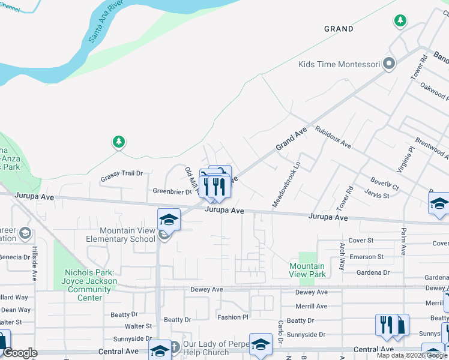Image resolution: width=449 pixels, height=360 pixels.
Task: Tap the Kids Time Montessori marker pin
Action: [x=390, y=64]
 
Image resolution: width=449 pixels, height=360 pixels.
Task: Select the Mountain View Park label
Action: [x=307, y=270]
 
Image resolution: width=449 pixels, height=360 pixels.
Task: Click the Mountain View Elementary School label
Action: [x=127, y=235]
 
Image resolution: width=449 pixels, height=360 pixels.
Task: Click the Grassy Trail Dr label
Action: [x=121, y=173]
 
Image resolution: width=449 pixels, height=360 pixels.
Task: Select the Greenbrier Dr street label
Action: [x=172, y=192]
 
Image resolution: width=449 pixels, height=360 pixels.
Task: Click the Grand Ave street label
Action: [x=291, y=139]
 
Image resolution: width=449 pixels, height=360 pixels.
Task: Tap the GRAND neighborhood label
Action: [x=339, y=29]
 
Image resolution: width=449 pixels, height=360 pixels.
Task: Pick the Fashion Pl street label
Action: [x=232, y=317]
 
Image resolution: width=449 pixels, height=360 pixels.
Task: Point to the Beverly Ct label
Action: [x=384, y=184]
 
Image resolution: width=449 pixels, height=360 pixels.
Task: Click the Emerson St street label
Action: [x=367, y=257]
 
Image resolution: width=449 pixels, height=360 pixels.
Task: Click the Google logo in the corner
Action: [x=20, y=353]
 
